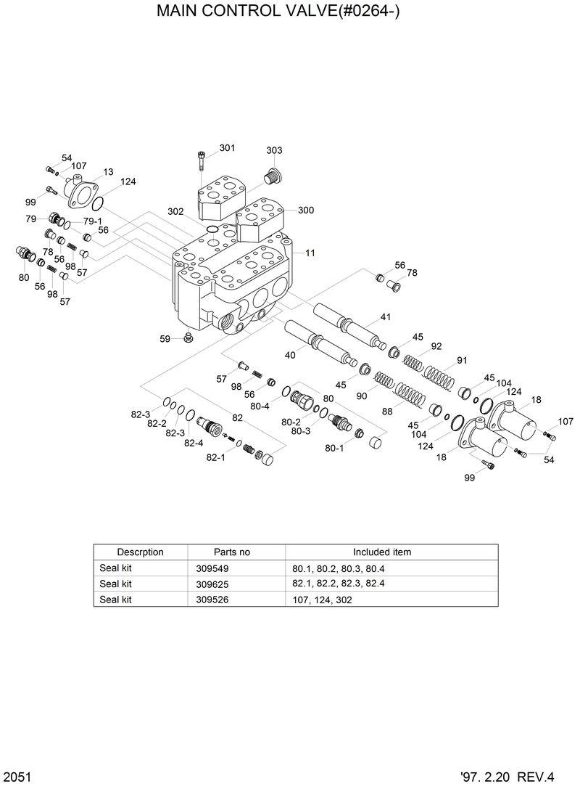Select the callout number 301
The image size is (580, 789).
227,148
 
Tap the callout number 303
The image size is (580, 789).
274,150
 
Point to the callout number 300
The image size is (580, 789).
305,210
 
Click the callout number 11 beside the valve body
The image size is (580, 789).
310,253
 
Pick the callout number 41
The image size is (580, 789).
385,316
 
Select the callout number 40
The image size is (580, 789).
289,355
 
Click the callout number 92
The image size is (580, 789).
436,346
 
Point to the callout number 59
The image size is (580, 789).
165,338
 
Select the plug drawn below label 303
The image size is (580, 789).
273,176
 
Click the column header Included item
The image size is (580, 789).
381,552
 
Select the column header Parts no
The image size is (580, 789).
231,552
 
